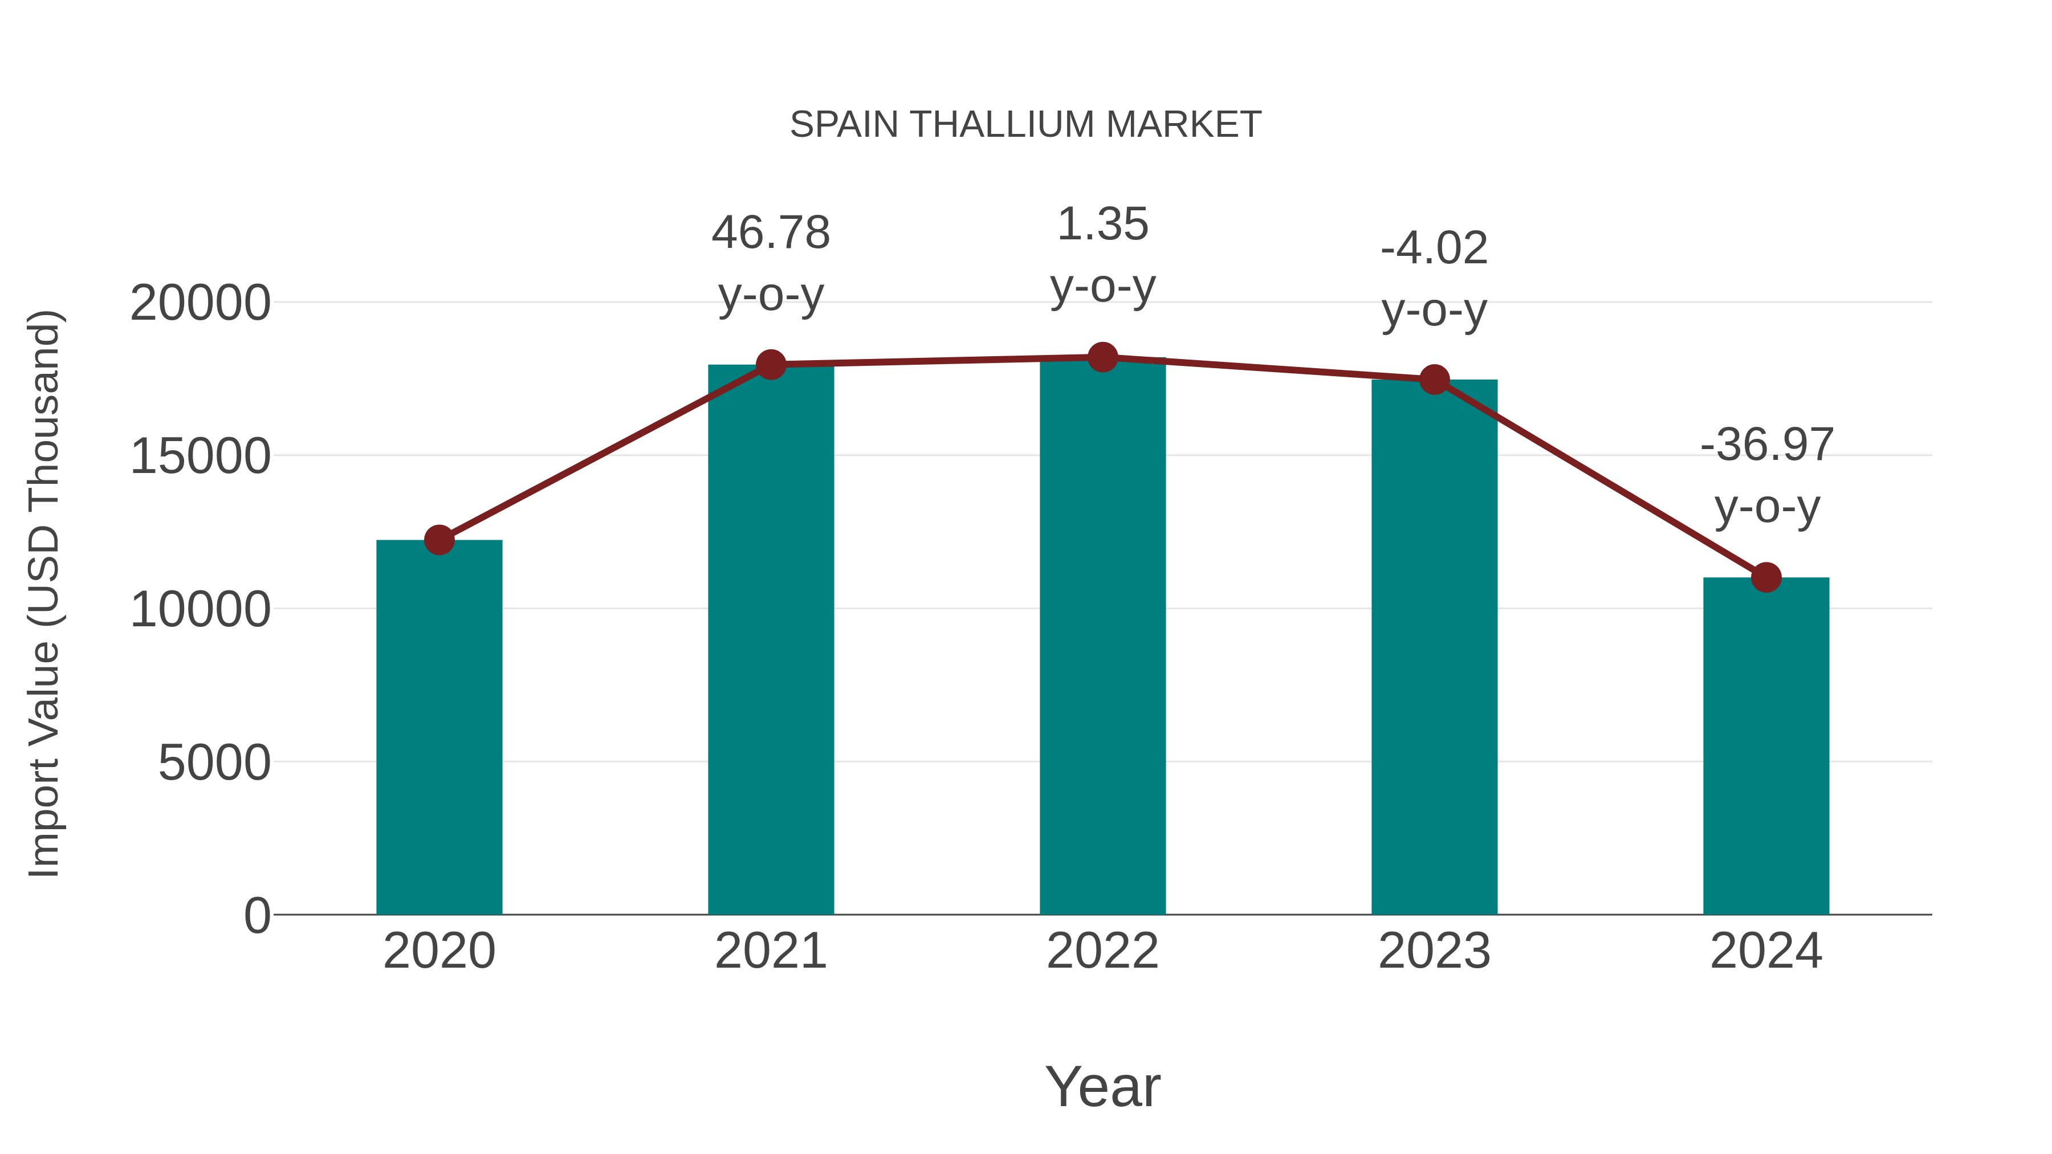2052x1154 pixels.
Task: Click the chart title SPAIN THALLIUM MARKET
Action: click(1025, 124)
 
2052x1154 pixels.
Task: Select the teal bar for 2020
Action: click(439, 729)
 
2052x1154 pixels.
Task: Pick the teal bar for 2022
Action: click(1102, 637)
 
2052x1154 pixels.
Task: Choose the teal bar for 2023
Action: click(1434, 649)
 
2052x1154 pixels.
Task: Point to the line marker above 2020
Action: click(439, 540)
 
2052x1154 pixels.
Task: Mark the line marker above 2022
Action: click(1102, 357)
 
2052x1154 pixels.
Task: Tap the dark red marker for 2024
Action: click(1766, 577)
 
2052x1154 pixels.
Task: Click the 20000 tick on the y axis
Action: click(200, 303)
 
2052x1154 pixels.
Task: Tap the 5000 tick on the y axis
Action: click(214, 763)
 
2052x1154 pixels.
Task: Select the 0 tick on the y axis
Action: click(256, 916)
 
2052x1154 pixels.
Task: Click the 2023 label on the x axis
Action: click(1434, 951)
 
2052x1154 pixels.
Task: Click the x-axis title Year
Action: click(1102, 1086)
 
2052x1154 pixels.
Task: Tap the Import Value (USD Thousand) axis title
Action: click(44, 593)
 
